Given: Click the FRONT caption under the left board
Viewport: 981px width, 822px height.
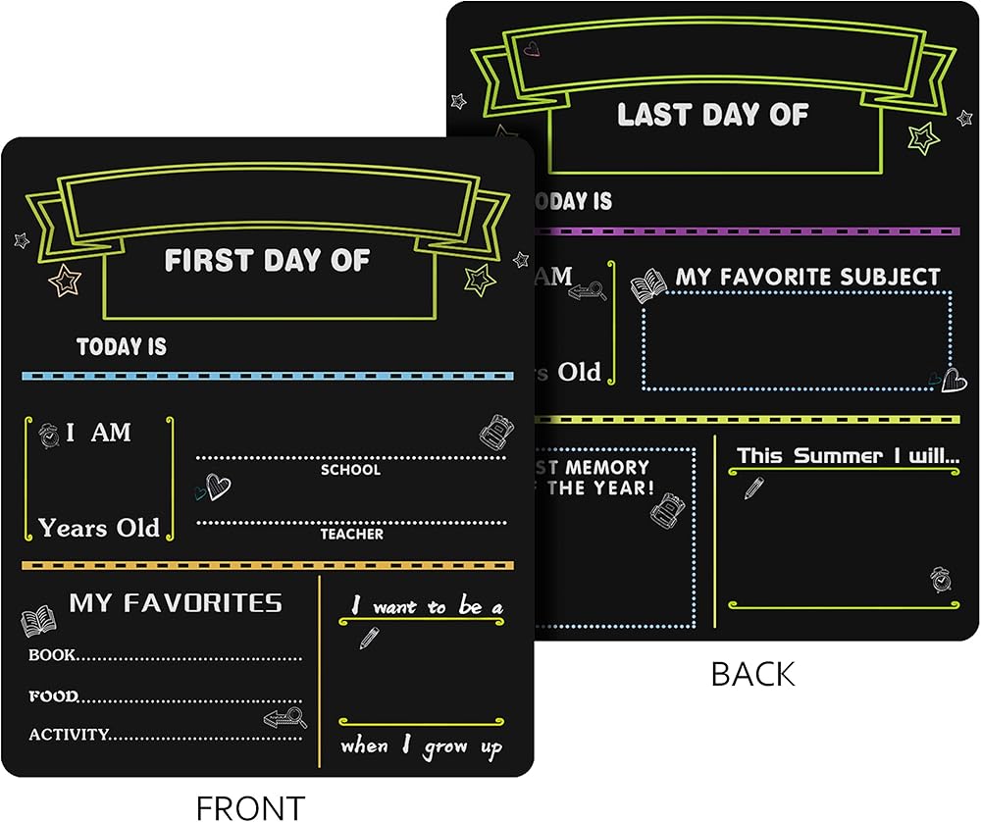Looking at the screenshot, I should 250,806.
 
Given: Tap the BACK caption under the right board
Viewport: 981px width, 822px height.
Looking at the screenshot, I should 752,674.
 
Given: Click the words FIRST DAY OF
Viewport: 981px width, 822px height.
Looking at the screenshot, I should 267,260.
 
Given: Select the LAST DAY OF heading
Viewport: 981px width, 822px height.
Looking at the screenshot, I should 712,115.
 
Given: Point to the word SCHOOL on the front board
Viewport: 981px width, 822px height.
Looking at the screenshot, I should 350,470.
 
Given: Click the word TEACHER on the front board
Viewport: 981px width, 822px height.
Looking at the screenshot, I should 351,535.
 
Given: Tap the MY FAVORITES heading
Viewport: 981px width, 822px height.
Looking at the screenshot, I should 176,602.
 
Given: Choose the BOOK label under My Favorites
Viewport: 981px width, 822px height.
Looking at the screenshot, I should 52,654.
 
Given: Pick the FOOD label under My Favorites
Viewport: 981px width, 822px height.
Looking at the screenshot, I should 53,696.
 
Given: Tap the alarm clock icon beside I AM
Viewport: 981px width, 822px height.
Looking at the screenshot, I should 48,433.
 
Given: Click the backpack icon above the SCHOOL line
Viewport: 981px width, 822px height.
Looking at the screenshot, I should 492,430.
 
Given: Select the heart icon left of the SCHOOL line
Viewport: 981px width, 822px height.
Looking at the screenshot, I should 215,487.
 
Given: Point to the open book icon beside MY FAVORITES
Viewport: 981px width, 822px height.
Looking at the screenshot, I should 39,621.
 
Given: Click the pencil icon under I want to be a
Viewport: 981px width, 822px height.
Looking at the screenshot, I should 369,638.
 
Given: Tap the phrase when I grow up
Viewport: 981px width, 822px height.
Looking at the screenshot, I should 422,747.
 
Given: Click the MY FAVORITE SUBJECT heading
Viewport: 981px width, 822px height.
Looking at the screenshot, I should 807,278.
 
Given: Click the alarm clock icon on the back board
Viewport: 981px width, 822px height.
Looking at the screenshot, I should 942,579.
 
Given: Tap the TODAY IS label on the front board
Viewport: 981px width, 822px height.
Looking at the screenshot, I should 122,346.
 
